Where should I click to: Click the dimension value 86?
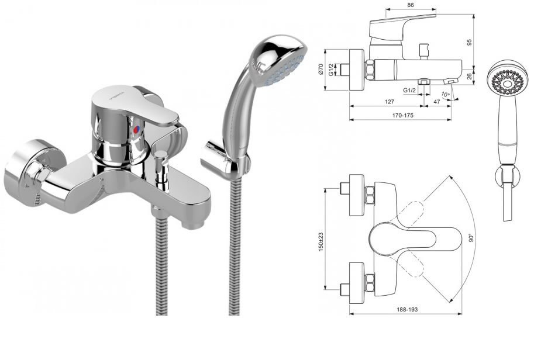click(x=410, y=5)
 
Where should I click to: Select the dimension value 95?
click(x=469, y=42)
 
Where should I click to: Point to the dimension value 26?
click(x=469, y=76)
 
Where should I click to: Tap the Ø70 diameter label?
click(x=321, y=70)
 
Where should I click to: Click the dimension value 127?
click(x=389, y=102)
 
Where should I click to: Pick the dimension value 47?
click(x=436, y=102)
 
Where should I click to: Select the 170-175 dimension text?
click(x=402, y=115)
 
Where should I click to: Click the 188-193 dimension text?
click(x=407, y=309)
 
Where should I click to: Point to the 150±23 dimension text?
click(x=321, y=242)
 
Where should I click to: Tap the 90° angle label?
click(x=471, y=238)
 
